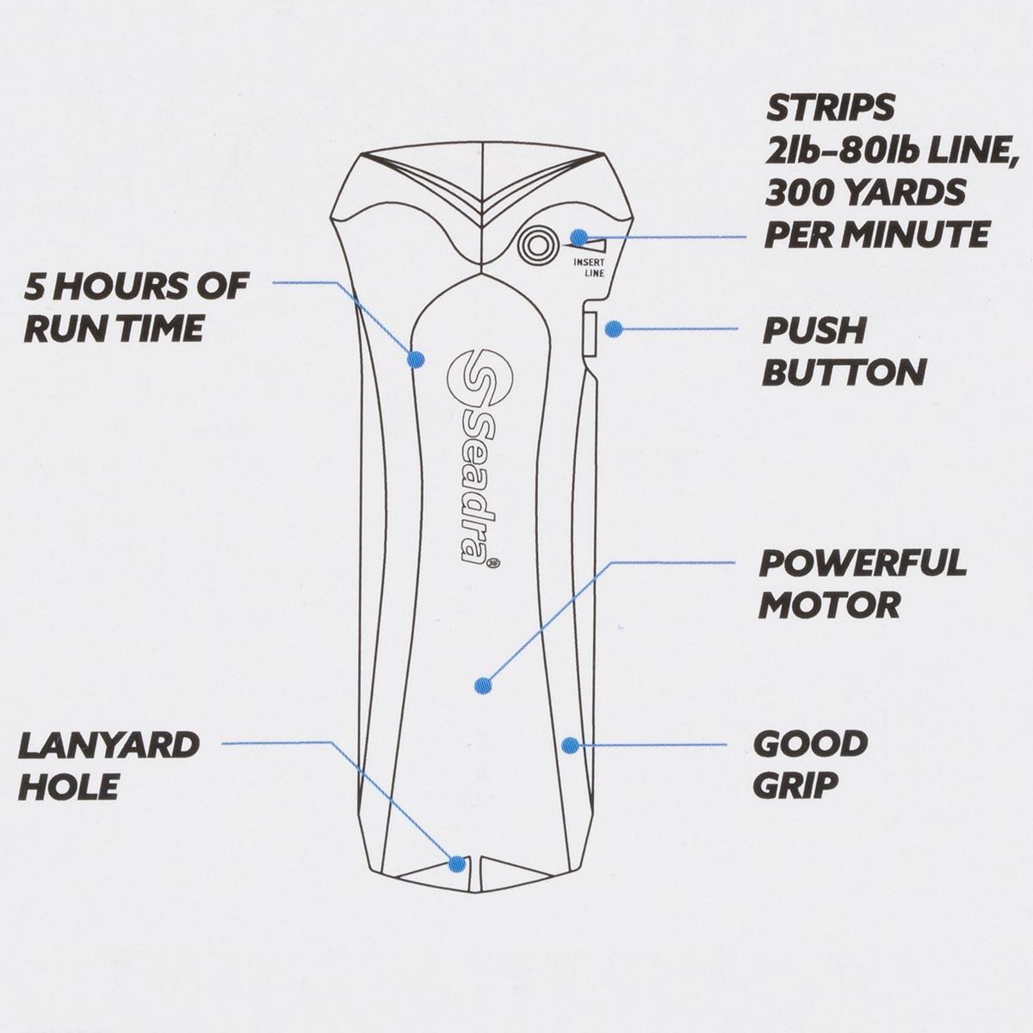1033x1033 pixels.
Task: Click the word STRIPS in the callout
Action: pyautogui.click(x=830, y=109)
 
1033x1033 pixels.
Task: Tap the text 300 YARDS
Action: pyautogui.click(x=865, y=193)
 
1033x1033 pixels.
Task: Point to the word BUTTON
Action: pyautogui.click(x=844, y=373)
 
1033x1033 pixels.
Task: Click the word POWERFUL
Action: pyautogui.click(x=863, y=564)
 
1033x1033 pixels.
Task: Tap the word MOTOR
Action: pyautogui.click(x=829, y=605)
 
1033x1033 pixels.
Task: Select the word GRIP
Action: pyautogui.click(x=795, y=784)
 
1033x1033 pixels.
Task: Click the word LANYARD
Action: pyautogui.click(x=109, y=745)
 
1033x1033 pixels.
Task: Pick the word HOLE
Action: pyautogui.click(x=68, y=786)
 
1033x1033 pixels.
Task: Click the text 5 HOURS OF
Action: pyautogui.click(x=136, y=286)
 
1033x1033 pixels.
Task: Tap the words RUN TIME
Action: pyautogui.click(x=113, y=328)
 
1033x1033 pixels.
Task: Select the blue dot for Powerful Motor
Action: pyautogui.click(x=484, y=686)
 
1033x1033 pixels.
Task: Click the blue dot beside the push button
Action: pyautogui.click(x=614, y=328)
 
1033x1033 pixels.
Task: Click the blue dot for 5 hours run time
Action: pyautogui.click(x=417, y=359)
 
